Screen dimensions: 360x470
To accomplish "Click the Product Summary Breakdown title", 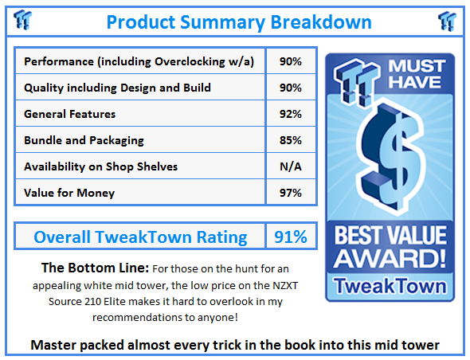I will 238,21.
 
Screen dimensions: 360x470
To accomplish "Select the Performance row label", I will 139,61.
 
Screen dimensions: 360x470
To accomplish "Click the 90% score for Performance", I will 291,61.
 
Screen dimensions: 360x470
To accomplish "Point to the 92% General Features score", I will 291,114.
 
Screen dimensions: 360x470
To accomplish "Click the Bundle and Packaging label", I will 84,140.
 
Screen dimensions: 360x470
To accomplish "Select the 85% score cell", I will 291,140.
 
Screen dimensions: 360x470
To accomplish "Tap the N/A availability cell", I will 291,166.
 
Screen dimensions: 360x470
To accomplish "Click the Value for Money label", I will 69,193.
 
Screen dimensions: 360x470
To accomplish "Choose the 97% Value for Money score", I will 291,193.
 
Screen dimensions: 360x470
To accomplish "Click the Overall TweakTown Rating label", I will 139,237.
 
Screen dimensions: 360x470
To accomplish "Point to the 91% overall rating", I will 291,237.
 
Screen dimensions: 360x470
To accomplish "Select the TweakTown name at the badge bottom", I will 390,284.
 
